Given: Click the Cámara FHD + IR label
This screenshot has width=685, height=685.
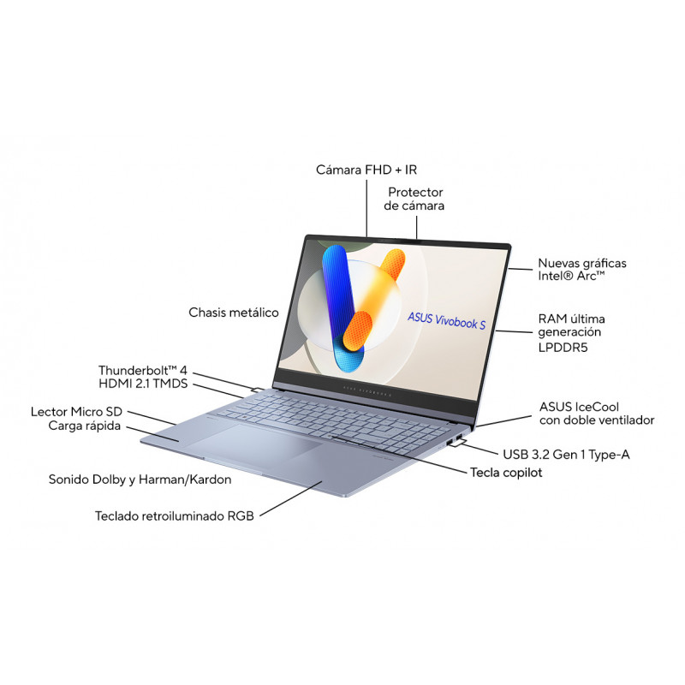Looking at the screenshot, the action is pyautogui.click(x=366, y=170).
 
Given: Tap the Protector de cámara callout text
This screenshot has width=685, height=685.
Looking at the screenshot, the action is pyautogui.click(x=414, y=199).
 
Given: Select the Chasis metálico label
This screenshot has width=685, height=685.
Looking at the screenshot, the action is pyautogui.click(x=234, y=313).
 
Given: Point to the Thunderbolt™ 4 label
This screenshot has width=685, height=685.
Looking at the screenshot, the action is pyautogui.click(x=143, y=371).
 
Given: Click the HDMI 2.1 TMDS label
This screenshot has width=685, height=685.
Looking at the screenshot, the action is pyautogui.click(x=143, y=384).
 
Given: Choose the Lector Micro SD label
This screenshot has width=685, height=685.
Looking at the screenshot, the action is pyautogui.click(x=76, y=412).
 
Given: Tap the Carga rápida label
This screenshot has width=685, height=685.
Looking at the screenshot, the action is pyautogui.click(x=84, y=426).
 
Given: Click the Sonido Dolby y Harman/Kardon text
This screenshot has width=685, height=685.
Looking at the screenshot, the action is pyautogui.click(x=140, y=479).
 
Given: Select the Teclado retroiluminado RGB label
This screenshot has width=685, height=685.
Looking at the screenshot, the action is pyautogui.click(x=175, y=516).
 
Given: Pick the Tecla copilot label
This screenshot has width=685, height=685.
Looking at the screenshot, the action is pyautogui.click(x=506, y=473).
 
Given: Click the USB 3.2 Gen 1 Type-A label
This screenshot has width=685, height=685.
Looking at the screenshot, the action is pyautogui.click(x=566, y=455).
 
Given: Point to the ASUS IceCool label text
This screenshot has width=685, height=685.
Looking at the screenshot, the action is pyautogui.click(x=579, y=407).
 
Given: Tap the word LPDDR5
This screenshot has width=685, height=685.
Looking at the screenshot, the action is pyautogui.click(x=563, y=348).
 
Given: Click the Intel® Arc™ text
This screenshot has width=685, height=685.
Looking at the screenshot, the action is pyautogui.click(x=571, y=276).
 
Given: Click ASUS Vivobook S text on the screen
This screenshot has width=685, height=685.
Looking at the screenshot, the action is pyautogui.click(x=446, y=320).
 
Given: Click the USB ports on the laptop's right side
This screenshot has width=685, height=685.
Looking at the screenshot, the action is pyautogui.click(x=455, y=440).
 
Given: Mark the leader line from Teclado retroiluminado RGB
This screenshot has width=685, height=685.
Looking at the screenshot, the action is pyautogui.click(x=291, y=499).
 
